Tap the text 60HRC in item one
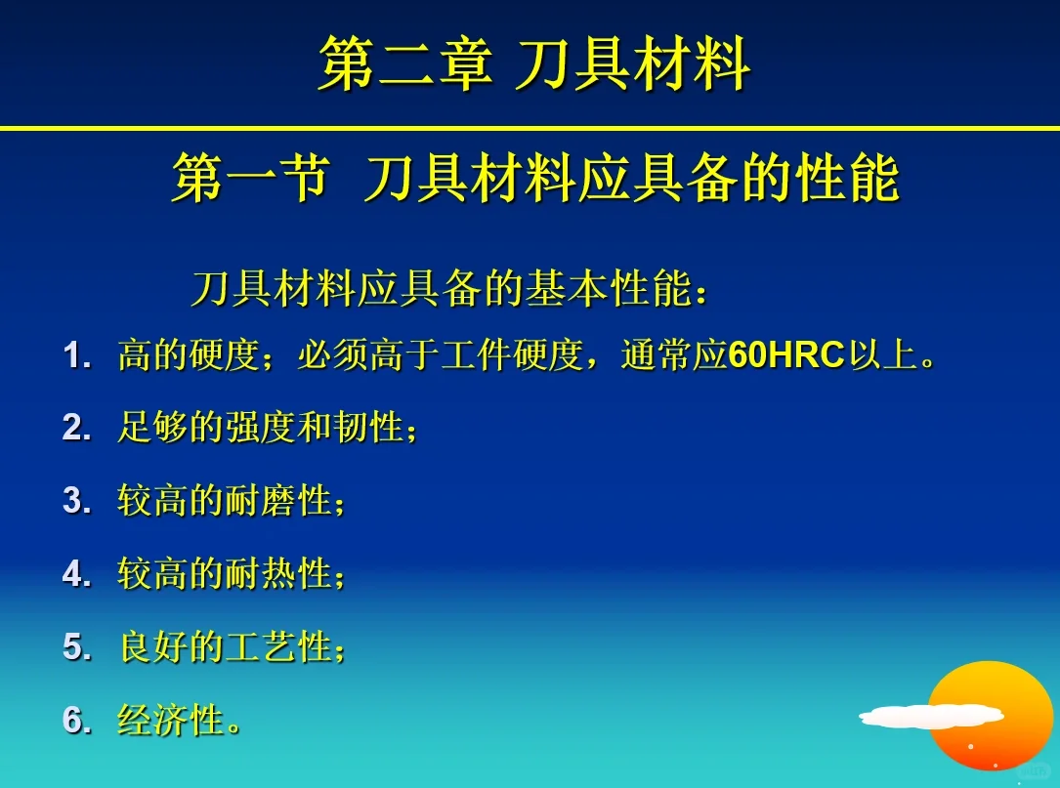pos(786,355)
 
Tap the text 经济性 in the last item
pos(172,721)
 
